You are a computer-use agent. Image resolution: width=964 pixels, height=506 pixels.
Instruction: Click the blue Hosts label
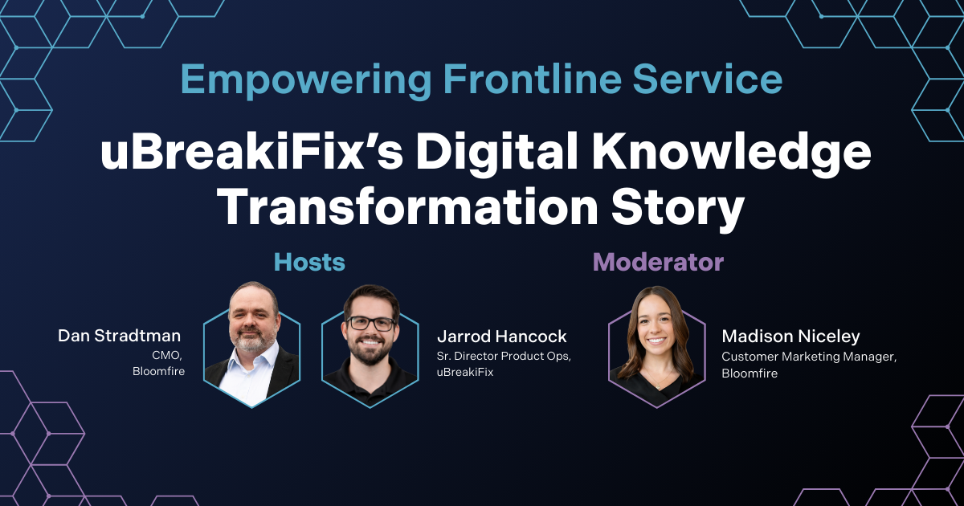pyautogui.click(x=309, y=262)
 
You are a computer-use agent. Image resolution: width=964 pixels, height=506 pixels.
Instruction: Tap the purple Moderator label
pyautogui.click(x=658, y=262)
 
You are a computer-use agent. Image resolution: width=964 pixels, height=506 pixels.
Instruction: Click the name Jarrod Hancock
pyautogui.click(x=502, y=337)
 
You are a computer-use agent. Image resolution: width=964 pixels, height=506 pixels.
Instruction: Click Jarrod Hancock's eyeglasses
pyautogui.click(x=370, y=323)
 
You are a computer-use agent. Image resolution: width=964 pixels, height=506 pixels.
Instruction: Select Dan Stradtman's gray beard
pyautogui.click(x=251, y=341)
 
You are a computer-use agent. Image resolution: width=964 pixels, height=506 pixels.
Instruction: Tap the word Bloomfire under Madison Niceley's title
pyautogui.click(x=750, y=373)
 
